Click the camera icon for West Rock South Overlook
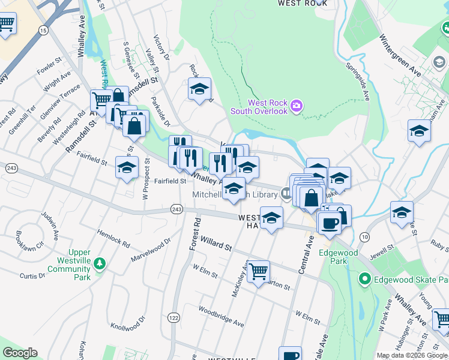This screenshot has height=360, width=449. click(x=296, y=107)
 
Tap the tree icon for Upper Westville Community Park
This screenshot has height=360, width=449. click(x=99, y=263)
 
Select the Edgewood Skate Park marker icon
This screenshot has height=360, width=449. click(x=364, y=279)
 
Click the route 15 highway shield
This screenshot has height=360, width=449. click(x=43, y=29)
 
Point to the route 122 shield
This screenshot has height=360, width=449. click(x=174, y=317)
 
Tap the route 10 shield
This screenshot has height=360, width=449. click(x=364, y=237)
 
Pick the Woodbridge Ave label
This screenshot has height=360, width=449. click(x=221, y=319)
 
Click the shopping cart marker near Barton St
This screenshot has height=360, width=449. click(x=258, y=272)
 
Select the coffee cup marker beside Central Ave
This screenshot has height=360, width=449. click(x=328, y=224)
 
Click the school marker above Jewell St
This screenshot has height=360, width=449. click(x=401, y=212)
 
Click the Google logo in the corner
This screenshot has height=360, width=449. click(x=20, y=353)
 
